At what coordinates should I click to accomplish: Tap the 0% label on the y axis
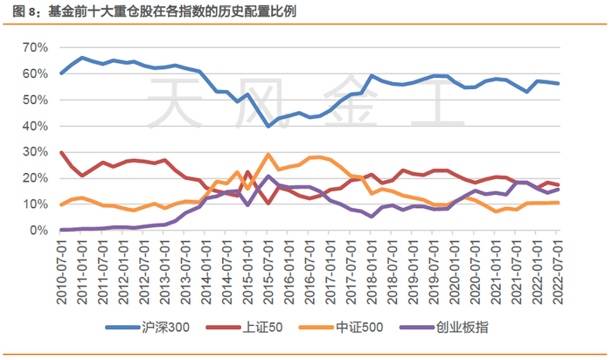point(40,231)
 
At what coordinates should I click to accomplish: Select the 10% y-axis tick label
point(37,204)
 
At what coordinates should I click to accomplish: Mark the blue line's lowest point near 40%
point(268,126)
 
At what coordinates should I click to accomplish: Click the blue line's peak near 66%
point(82,58)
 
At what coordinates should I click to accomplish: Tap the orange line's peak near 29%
point(268,155)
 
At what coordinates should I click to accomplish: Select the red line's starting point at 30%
point(61,152)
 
